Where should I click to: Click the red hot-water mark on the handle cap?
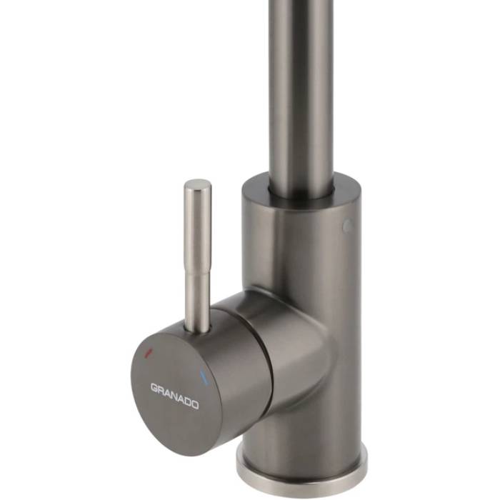tap(149, 352)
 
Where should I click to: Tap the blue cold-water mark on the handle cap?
tap(203, 377)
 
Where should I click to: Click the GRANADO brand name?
tap(174, 396)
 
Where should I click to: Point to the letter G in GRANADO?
tap(154, 388)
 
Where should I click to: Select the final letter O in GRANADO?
tap(195, 405)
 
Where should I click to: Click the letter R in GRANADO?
tap(161, 390)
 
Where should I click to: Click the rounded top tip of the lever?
tap(199, 183)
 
